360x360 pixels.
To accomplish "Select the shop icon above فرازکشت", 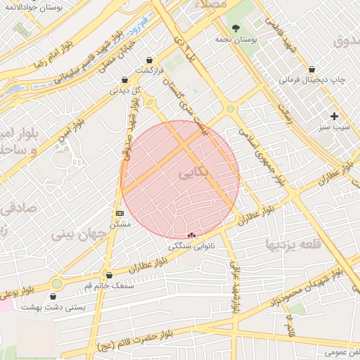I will pyautogui.click(x=149, y=61).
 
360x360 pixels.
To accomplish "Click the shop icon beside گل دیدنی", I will pyautogui.click(x=124, y=80).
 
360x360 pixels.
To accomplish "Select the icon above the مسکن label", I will pyautogui.click(x=120, y=212).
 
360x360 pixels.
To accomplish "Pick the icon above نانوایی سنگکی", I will pyautogui.click(x=192, y=236).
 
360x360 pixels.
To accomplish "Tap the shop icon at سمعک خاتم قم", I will pyautogui.click(x=108, y=275).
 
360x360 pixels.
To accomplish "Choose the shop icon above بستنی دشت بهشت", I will pyautogui.click(x=53, y=296).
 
